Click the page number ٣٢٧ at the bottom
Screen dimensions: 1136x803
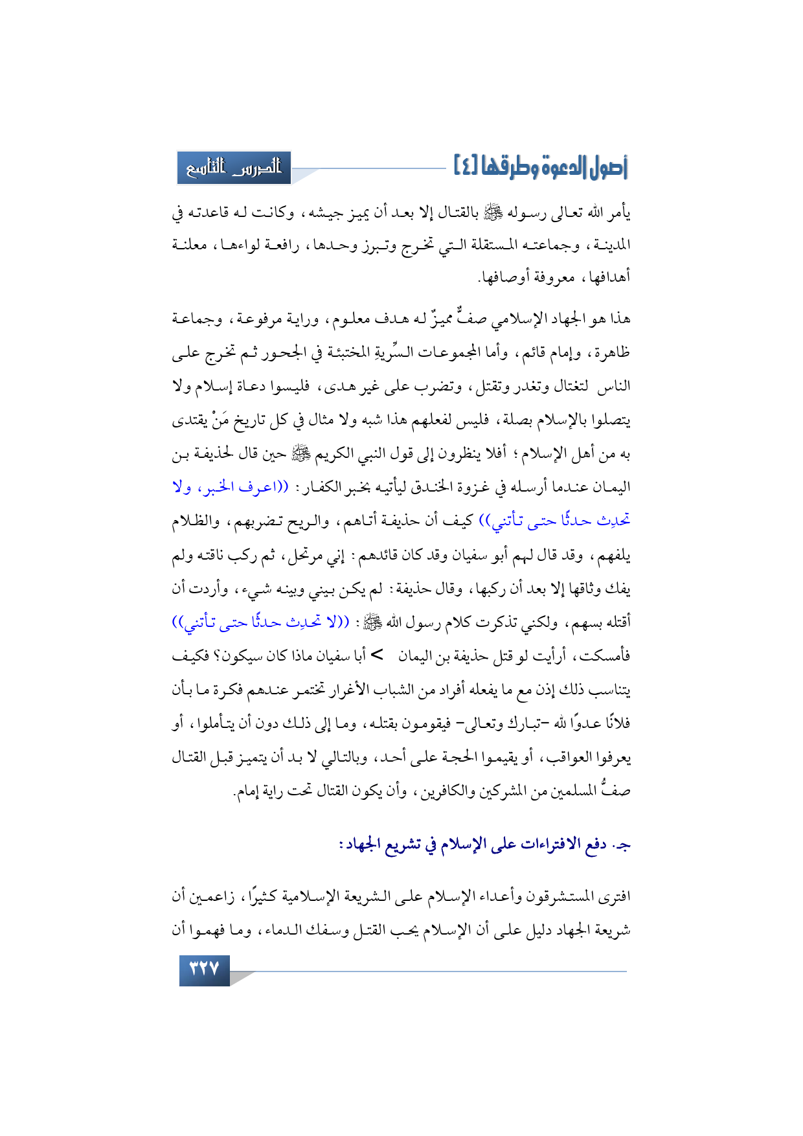click(204, 970)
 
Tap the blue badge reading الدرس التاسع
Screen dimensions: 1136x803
click(234, 168)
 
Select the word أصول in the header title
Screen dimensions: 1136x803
click(607, 168)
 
